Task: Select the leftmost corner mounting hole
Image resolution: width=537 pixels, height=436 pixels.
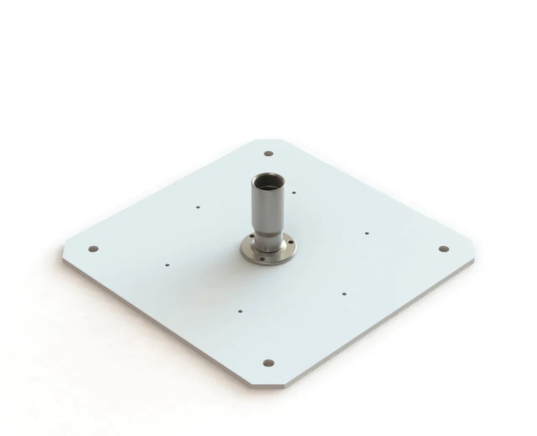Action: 93,249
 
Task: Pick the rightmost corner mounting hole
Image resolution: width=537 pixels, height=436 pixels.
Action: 442,248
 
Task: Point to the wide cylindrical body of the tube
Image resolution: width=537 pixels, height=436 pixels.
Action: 268,205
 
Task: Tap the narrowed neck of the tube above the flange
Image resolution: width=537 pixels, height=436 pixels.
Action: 268,235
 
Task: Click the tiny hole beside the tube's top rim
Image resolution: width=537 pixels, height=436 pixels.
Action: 295,192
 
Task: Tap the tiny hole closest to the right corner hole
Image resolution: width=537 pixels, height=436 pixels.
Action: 367,233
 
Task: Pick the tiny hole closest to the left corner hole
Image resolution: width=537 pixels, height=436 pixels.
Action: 167,265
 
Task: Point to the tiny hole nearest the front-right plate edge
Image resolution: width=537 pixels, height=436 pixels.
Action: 344,293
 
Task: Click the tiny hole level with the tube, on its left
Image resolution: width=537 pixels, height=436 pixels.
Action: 197,207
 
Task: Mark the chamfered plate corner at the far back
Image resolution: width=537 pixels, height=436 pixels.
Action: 268,140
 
